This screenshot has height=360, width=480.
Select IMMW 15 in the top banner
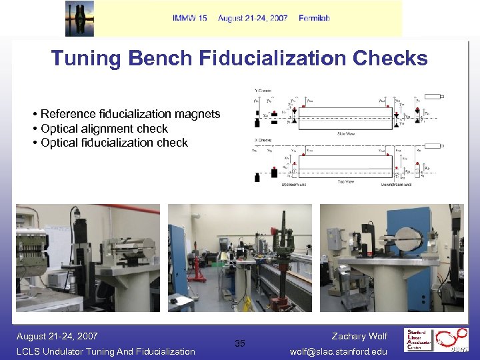pos(189,18)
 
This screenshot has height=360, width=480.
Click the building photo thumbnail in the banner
pos(79,19)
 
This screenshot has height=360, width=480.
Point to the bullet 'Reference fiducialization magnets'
pos(129,114)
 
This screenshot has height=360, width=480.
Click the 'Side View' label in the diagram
pos(345,133)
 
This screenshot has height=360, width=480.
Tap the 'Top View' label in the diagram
pos(345,181)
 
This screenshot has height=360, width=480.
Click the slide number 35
pos(240,343)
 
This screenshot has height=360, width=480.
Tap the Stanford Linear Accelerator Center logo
pos(437,340)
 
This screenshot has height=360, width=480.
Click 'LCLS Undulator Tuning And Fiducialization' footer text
pos(105,351)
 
